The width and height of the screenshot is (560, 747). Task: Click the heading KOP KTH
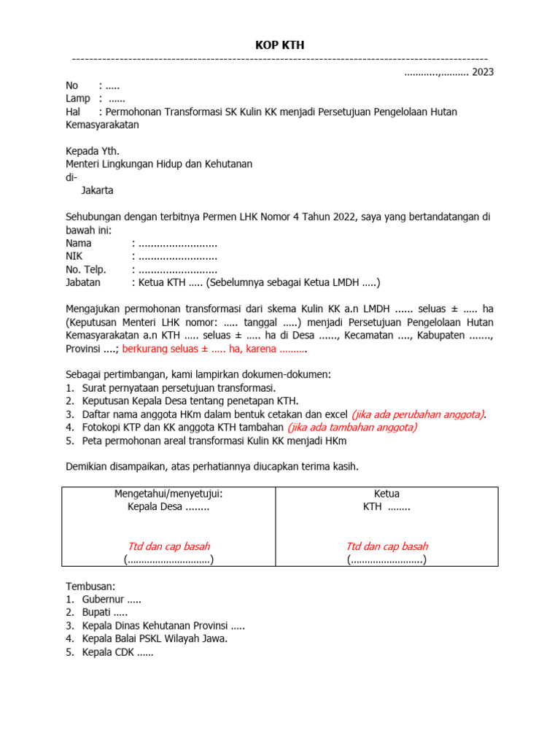tap(279, 45)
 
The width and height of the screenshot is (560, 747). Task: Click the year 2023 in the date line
tap(483, 71)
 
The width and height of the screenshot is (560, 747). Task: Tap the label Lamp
tap(78, 98)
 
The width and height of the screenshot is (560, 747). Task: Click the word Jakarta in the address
tap(97, 190)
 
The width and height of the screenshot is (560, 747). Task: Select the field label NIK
tap(74, 256)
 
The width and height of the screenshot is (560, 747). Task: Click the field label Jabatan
tap(83, 282)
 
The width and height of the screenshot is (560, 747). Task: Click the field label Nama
tap(79, 243)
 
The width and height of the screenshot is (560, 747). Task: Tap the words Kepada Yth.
tap(93, 151)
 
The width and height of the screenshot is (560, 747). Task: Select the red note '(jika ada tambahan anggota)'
tap(352, 427)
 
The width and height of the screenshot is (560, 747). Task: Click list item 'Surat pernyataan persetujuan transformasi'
tap(179, 388)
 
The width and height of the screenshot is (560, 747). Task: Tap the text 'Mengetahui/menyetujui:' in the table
tap(168, 494)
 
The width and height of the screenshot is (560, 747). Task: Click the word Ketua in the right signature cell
tap(386, 494)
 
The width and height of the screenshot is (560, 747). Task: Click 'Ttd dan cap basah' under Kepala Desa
tap(168, 546)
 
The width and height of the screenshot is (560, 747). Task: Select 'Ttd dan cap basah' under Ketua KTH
tap(386, 546)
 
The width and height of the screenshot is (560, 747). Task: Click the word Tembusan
tap(90, 587)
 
